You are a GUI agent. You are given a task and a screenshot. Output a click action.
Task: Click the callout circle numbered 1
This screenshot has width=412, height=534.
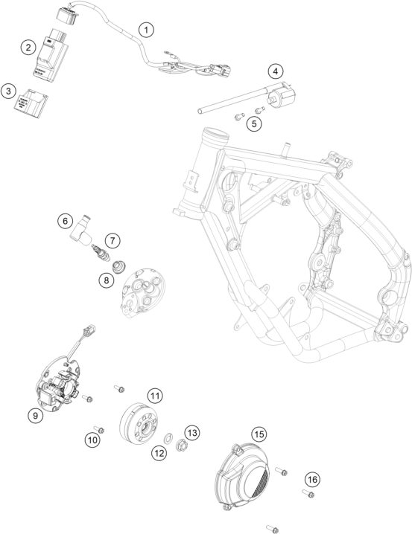[146, 30]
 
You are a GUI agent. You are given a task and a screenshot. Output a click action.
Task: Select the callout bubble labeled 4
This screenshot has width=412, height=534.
[276, 71]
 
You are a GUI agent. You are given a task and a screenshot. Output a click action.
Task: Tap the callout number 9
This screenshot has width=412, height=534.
[36, 415]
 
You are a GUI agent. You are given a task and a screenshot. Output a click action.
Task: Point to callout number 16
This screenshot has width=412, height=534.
[312, 480]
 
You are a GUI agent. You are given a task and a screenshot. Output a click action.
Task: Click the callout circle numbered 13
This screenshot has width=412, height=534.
[192, 433]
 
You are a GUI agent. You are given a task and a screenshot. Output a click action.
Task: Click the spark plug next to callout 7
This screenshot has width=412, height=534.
[101, 254]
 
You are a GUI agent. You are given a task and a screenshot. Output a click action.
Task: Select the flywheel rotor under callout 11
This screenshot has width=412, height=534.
[139, 423]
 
